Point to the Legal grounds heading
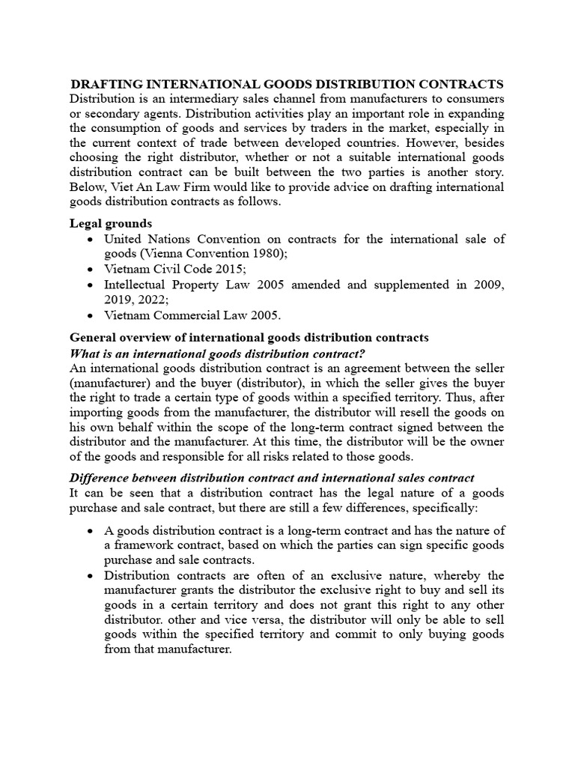[x=111, y=223]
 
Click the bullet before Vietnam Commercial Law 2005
[x=90, y=315]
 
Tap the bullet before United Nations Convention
[x=90, y=239]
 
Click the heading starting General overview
[x=249, y=338]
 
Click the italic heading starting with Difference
[x=272, y=478]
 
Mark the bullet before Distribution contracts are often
[x=90, y=575]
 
